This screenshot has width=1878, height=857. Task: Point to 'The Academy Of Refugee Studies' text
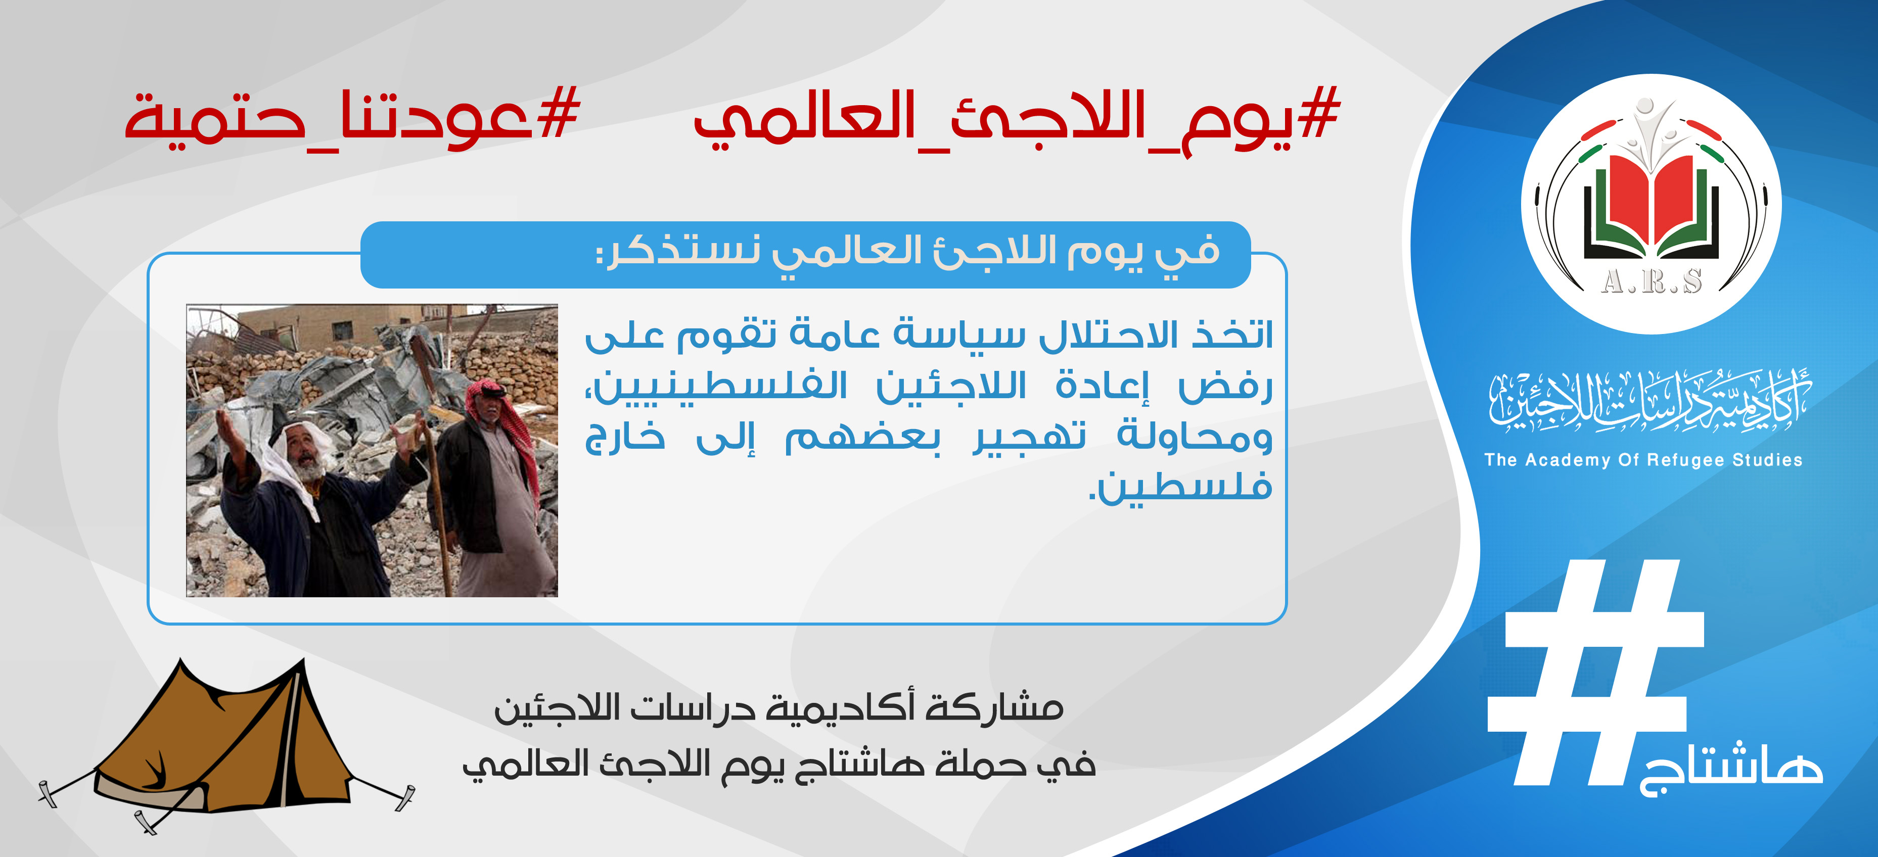pyautogui.click(x=1643, y=460)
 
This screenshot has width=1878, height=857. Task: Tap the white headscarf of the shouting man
pyautogui.click(x=292, y=466)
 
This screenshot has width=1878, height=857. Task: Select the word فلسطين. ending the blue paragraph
pyautogui.click(x=1180, y=487)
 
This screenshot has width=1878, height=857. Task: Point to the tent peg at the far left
pyautogui.click(x=48, y=793)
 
